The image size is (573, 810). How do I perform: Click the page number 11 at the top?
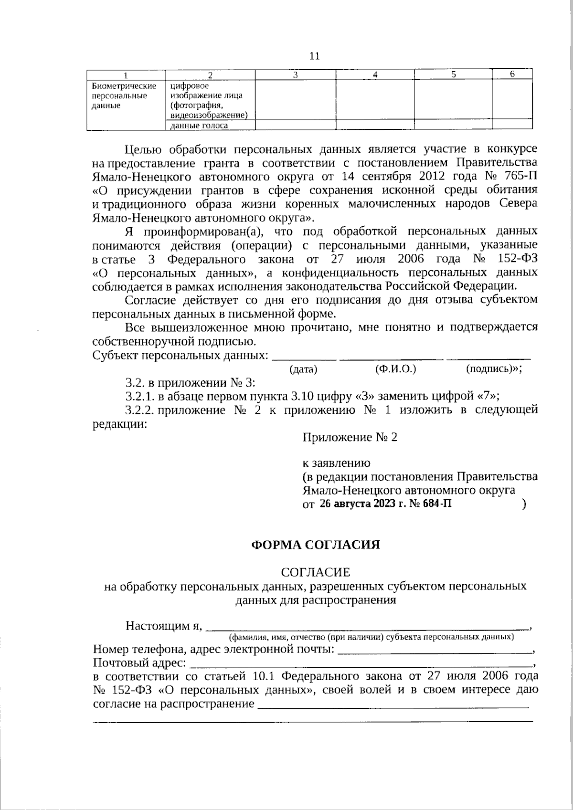314,56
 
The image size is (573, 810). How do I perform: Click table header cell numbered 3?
295,74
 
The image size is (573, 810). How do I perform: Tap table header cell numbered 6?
512,74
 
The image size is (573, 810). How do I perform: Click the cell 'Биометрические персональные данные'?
124,96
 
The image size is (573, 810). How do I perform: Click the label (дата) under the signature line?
303,369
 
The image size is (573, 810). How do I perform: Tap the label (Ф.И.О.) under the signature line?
396,369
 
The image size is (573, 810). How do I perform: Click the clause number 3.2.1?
140,396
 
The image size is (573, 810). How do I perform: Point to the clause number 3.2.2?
140,410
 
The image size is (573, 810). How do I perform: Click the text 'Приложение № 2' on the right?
350,437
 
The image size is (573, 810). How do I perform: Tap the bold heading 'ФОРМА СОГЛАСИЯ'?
316,545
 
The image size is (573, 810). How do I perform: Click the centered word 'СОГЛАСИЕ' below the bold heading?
316,572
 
